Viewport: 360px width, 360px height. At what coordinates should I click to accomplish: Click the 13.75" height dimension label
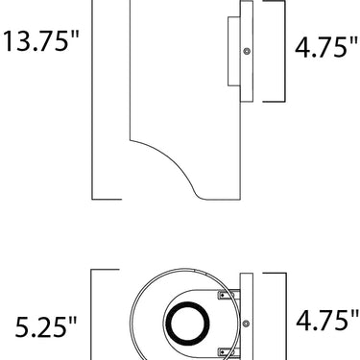tap(40, 41)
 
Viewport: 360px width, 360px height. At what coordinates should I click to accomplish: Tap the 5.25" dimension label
tap(46, 326)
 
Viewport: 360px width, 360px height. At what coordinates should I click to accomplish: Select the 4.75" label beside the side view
tap(326, 47)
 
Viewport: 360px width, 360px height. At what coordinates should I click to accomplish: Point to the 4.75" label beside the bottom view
tap(327, 320)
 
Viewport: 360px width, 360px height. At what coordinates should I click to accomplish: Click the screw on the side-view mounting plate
tap(247, 51)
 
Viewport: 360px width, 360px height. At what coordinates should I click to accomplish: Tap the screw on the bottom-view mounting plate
tap(246, 324)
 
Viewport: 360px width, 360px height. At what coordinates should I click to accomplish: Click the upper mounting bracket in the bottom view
tap(228, 295)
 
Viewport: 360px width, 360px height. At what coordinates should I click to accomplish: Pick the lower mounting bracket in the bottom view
tap(228, 352)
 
